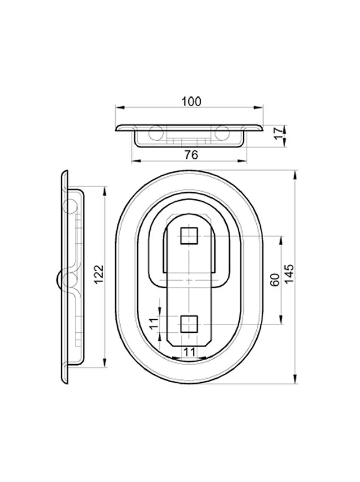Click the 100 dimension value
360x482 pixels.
click(x=191, y=101)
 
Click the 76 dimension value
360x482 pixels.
click(x=191, y=155)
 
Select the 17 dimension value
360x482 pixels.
click(x=279, y=134)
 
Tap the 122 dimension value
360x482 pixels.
click(x=99, y=274)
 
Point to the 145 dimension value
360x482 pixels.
click(x=289, y=274)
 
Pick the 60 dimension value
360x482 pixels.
click(x=275, y=280)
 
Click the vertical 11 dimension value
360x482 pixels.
click(x=154, y=323)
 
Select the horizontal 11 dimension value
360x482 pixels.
click(x=190, y=352)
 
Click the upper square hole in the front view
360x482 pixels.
click(x=189, y=236)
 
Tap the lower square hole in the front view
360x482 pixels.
click(x=189, y=324)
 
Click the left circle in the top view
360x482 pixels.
click(x=156, y=133)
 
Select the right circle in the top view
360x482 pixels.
click(x=222, y=133)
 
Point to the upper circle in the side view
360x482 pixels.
click(x=70, y=206)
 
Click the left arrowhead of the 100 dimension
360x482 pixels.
click(x=120, y=107)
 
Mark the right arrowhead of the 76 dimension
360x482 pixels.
click(x=243, y=160)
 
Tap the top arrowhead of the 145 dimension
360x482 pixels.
click(x=295, y=175)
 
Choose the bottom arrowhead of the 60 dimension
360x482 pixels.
click(x=281, y=319)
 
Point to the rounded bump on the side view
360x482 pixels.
click(x=59, y=280)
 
